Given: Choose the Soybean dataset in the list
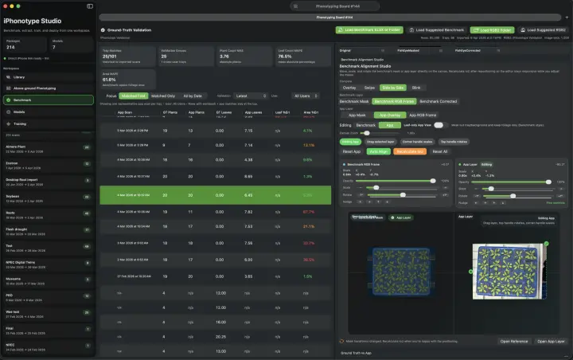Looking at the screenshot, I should click(x=13, y=196).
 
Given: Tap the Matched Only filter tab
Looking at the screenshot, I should click(x=164, y=96).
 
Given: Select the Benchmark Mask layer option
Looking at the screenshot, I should click(x=353, y=101).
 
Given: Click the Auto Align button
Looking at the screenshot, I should click(x=377, y=151).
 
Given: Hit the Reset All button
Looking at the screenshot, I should click(x=440, y=151).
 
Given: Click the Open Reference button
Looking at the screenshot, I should click(x=514, y=341).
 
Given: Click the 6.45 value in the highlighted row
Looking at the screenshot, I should click(x=248, y=194).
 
